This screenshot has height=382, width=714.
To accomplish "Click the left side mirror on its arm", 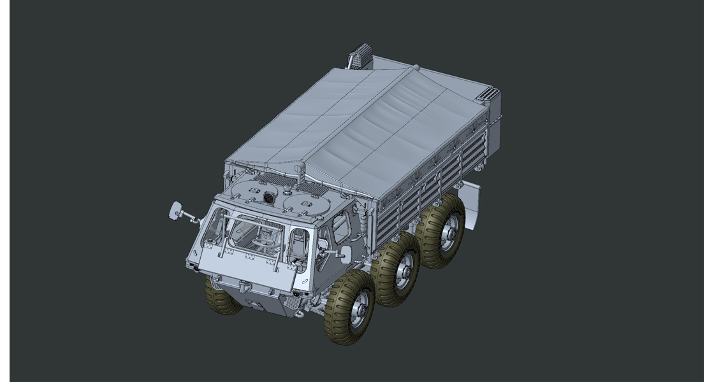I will [177, 209].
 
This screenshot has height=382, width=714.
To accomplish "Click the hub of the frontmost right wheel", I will [359, 309].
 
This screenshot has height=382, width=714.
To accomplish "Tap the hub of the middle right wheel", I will [404, 270].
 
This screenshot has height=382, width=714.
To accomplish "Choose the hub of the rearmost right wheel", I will [449, 233].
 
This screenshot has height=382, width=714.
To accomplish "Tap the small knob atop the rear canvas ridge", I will [416, 66].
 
